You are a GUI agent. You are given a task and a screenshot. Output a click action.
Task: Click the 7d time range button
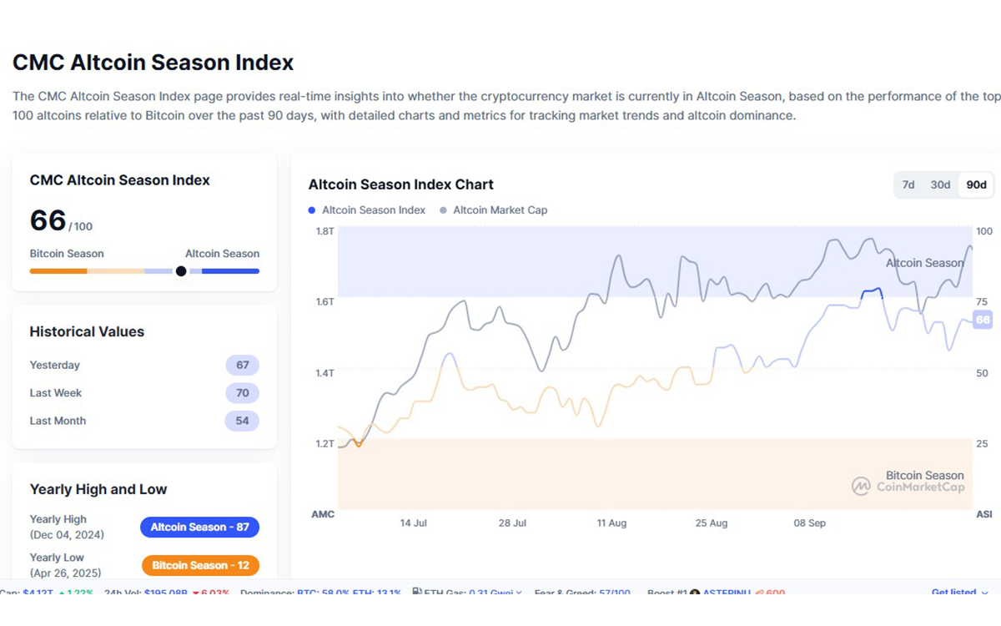click(908, 184)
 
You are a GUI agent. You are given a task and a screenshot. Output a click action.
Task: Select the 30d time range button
click(940, 184)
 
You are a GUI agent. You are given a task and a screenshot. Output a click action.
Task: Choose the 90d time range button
click(976, 184)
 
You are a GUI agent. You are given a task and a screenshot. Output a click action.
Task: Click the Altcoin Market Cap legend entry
click(499, 210)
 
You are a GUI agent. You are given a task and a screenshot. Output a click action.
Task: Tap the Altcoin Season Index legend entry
click(373, 210)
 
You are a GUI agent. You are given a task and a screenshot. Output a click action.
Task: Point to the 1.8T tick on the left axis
click(324, 230)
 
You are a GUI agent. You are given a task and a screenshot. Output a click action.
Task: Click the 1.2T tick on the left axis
click(324, 444)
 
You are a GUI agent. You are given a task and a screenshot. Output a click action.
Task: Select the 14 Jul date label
click(413, 523)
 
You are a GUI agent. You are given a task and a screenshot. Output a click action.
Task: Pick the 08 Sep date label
click(809, 523)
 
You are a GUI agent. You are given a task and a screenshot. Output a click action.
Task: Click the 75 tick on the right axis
click(983, 302)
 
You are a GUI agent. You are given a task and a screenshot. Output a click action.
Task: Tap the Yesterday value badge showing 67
click(242, 366)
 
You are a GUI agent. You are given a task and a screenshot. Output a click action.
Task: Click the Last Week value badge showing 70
click(242, 393)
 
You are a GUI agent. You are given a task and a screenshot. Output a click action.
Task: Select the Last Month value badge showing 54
click(242, 422)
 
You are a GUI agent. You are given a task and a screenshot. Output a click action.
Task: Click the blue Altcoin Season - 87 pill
click(199, 528)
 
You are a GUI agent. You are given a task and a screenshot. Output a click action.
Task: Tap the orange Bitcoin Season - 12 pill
click(199, 566)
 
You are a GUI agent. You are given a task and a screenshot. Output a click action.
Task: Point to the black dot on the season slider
click(181, 271)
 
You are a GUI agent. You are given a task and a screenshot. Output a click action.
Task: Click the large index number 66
click(48, 220)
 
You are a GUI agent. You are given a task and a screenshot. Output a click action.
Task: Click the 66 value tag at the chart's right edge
click(983, 320)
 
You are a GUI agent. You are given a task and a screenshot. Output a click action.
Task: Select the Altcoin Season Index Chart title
click(400, 184)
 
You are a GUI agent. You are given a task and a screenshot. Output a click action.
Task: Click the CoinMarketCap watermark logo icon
click(861, 486)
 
